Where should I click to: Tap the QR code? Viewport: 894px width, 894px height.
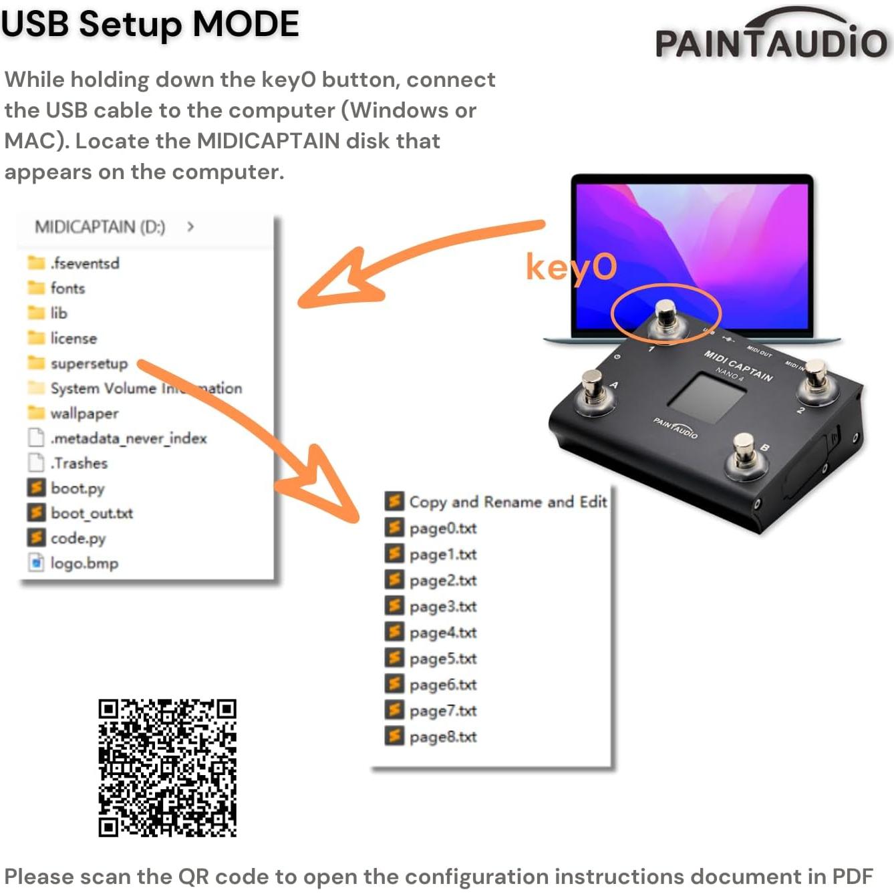tap(167, 768)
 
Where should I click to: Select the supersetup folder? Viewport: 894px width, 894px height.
tap(88, 363)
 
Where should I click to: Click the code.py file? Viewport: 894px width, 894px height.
tap(78, 539)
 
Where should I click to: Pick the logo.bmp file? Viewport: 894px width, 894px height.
tap(84, 563)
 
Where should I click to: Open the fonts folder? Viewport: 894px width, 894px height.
tap(67, 288)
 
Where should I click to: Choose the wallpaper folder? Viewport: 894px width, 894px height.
tap(84, 414)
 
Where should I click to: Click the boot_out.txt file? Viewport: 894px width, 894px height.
tap(91, 513)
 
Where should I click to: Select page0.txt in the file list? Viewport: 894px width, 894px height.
tap(442, 529)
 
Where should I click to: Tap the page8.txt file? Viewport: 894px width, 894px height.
tap(442, 737)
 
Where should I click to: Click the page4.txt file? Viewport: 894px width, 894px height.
tap(442, 633)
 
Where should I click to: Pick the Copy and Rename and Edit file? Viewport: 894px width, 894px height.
tap(507, 502)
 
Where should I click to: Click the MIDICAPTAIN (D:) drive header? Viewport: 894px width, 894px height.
tap(100, 227)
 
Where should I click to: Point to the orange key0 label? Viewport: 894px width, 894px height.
tap(571, 267)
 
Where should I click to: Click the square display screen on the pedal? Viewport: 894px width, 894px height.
tap(707, 399)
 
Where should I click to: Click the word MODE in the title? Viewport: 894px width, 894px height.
tap(246, 24)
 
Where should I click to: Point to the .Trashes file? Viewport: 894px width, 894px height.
tap(79, 463)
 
